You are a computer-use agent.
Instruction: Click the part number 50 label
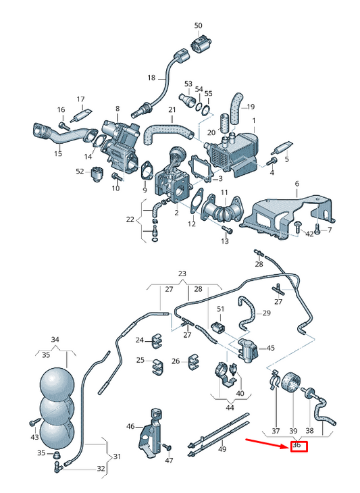[198, 25]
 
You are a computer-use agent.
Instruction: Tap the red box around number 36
[299, 446]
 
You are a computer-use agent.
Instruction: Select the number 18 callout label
[151, 78]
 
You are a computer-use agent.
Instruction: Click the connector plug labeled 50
[201, 45]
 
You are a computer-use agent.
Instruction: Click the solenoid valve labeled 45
[248, 348]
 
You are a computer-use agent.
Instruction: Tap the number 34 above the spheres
[55, 340]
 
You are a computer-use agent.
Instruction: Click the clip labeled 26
[194, 362]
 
